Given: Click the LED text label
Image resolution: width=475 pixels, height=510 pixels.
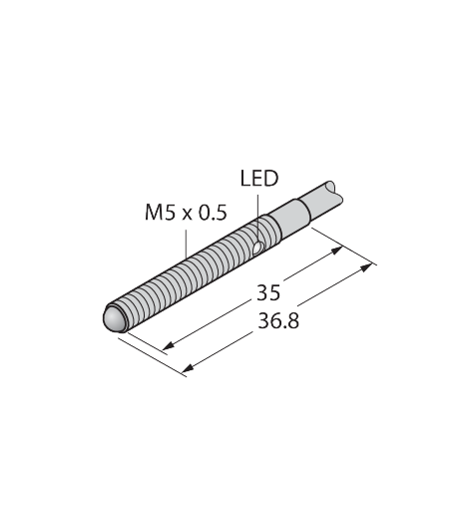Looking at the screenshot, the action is pos(259,179).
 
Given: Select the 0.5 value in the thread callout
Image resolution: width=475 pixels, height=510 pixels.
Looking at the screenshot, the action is pos(213,213).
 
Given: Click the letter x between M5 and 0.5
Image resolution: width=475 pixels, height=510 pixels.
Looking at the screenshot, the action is pos(187,215).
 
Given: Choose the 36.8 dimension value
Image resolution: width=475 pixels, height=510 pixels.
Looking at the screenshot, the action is pos(278,321).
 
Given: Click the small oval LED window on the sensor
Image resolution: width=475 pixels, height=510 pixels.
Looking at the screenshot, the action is pos(258,248).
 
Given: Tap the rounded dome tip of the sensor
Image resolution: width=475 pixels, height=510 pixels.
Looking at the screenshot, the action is pos(113,318).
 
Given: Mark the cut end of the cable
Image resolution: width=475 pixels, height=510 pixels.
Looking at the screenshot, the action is pos(336,192).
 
